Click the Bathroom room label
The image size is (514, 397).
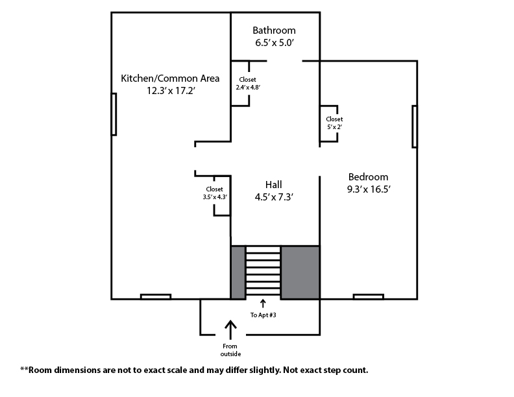(274, 30)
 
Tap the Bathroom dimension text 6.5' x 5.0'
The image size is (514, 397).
(274, 43)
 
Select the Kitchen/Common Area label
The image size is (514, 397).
(170, 78)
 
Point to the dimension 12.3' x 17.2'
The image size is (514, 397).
(171, 91)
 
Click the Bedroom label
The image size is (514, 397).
(368, 177)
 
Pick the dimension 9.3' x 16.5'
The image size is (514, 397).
(369, 189)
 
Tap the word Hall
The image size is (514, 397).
(274, 185)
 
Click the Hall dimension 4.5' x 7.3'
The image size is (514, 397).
(274, 197)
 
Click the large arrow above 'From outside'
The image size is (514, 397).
(230, 330)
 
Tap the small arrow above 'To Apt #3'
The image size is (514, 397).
(263, 304)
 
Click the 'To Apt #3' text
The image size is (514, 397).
(263, 315)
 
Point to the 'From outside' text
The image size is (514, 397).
(230, 350)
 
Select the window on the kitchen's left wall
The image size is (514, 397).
(114, 114)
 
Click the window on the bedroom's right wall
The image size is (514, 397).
(415, 126)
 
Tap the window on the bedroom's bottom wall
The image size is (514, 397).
(369, 296)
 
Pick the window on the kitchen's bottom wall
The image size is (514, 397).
(156, 296)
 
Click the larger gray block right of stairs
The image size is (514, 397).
(300, 272)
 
